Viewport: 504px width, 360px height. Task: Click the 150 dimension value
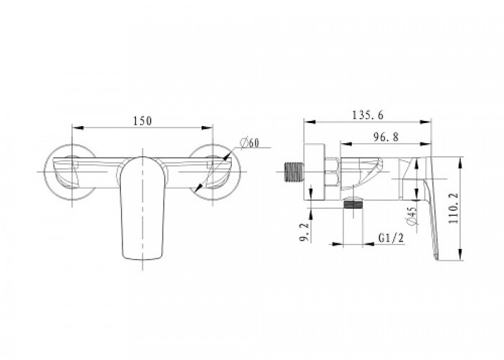click(143, 121)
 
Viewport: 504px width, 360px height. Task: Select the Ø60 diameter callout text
click(250, 142)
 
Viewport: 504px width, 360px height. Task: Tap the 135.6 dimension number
click(368, 115)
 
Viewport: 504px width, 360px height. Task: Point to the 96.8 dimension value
click(386, 138)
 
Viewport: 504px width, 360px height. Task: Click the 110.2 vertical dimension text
click(454, 208)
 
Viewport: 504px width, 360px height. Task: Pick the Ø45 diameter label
click(412, 216)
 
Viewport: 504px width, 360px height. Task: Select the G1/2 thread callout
click(391, 238)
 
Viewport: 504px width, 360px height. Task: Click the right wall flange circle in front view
click(240, 171)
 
